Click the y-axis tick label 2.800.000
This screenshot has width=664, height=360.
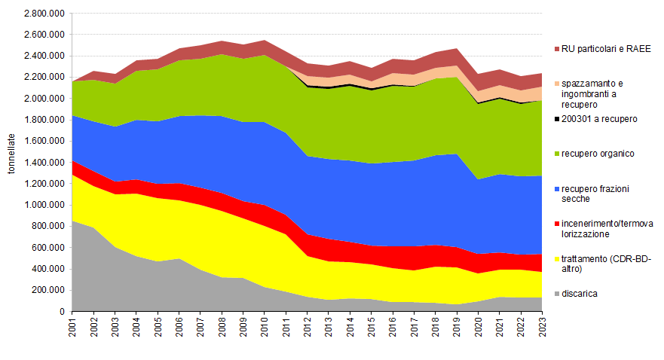pos(44,14)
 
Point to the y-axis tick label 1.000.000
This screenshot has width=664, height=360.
pos(44,205)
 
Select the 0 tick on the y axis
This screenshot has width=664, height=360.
pos(63,311)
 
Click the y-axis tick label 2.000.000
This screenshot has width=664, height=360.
pos(44,99)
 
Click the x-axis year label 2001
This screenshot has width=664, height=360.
pos(72,329)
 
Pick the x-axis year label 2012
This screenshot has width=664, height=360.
pos(308,329)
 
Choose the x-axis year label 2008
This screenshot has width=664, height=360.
pos(222,329)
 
